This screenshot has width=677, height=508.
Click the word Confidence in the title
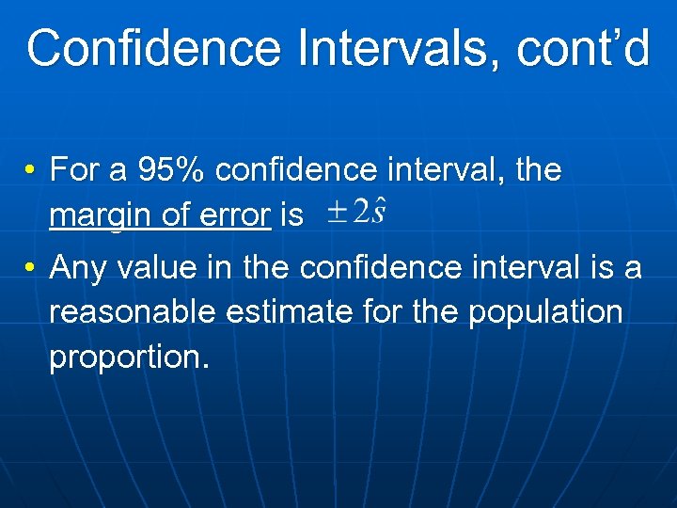[x=153, y=49]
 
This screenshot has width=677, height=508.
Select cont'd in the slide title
[x=583, y=49]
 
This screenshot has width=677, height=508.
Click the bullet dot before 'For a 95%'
[x=31, y=171]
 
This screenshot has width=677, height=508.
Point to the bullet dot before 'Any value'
[x=31, y=269]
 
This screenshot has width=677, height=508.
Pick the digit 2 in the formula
[x=358, y=213]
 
